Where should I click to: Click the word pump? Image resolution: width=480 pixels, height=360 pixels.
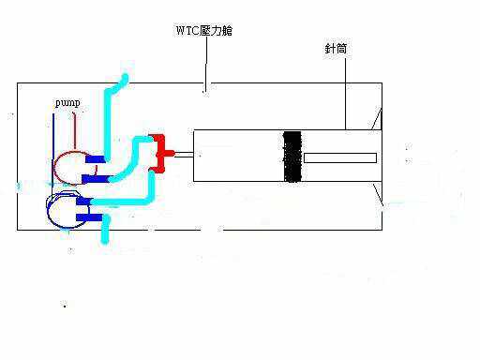pyautogui.click(x=67, y=101)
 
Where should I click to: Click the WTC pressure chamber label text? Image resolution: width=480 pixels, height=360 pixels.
pyautogui.click(x=203, y=31)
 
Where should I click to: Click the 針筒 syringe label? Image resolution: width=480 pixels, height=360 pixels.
pyautogui.click(x=335, y=49)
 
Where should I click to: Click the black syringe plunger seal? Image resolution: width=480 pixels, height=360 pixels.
pyautogui.click(x=292, y=156)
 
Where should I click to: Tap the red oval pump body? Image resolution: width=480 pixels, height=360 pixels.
pyautogui.click(x=69, y=170)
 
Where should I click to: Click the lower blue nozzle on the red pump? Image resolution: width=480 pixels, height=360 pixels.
pyautogui.click(x=95, y=177)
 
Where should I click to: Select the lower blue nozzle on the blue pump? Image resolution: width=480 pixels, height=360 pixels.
pyautogui.click(x=90, y=218)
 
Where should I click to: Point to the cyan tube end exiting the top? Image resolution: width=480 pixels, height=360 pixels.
pyautogui.click(x=123, y=77)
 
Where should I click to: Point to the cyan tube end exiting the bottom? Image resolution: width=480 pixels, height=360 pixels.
pyautogui.click(x=105, y=239)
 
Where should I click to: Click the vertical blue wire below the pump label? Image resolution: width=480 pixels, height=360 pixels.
pyautogui.click(x=53, y=141)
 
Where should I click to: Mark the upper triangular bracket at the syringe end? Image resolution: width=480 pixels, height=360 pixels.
pyautogui.click(x=377, y=119)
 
